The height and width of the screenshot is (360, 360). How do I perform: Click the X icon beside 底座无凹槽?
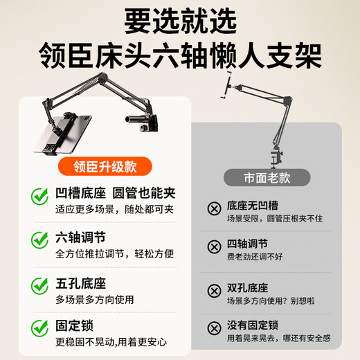[x=214, y=211]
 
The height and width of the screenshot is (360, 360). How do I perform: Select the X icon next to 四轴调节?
[x=214, y=248]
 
